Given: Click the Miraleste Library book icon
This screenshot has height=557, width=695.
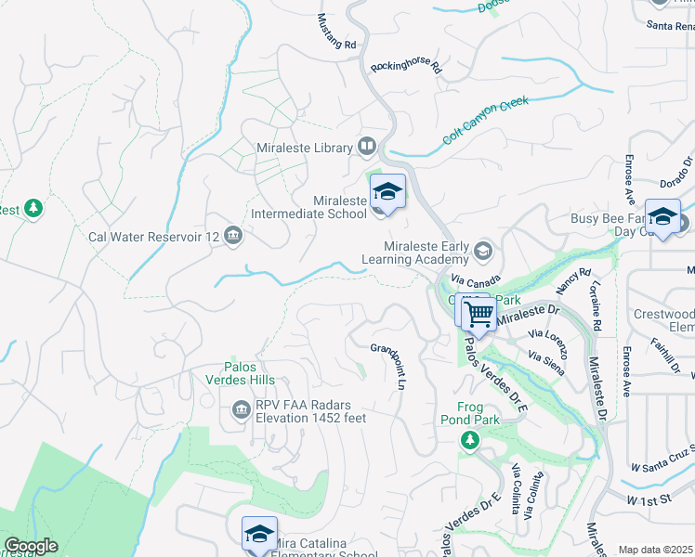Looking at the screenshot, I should click(x=367, y=148).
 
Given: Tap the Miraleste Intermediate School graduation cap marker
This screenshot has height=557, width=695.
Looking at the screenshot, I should click(x=387, y=193).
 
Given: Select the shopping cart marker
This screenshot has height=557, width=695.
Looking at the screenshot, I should click(x=479, y=314).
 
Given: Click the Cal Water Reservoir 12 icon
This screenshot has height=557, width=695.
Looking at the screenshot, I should click(x=232, y=237).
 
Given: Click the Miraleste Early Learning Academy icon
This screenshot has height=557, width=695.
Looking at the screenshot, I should click(x=483, y=252).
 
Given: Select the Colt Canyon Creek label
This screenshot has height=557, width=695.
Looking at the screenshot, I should click(x=485, y=123).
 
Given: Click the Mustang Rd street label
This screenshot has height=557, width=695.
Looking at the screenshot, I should click(x=336, y=32).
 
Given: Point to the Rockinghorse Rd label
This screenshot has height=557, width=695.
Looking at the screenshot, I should click(x=406, y=68).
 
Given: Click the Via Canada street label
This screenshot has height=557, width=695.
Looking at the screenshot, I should click(x=475, y=278).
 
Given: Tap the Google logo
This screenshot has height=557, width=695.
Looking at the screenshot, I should click(x=31, y=546).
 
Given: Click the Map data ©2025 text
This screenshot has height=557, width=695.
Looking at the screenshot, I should click(x=655, y=550).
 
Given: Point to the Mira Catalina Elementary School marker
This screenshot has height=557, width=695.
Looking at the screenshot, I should click(x=259, y=535).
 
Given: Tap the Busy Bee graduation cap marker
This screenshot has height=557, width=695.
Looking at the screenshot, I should click(x=662, y=217).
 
